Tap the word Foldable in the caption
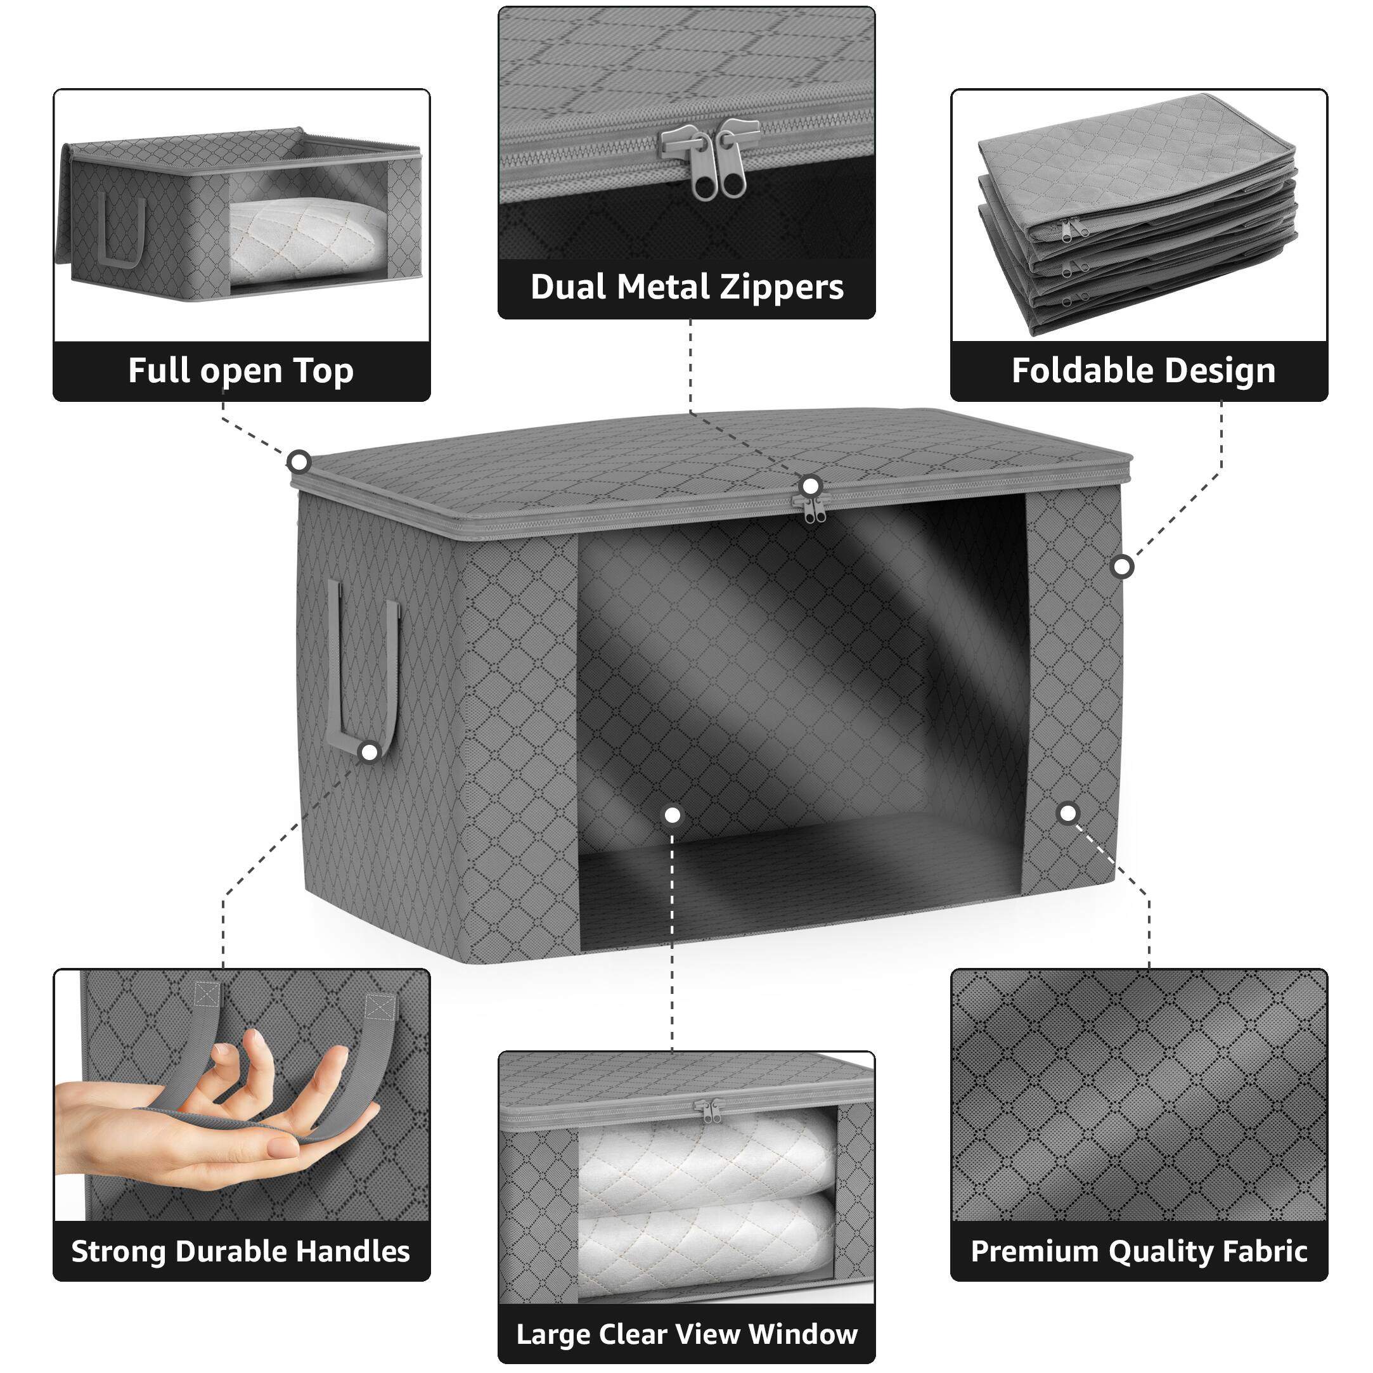(x=1071, y=371)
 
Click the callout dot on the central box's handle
(x=370, y=752)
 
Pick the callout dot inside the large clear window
(x=673, y=815)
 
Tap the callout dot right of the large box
(x=1122, y=567)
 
